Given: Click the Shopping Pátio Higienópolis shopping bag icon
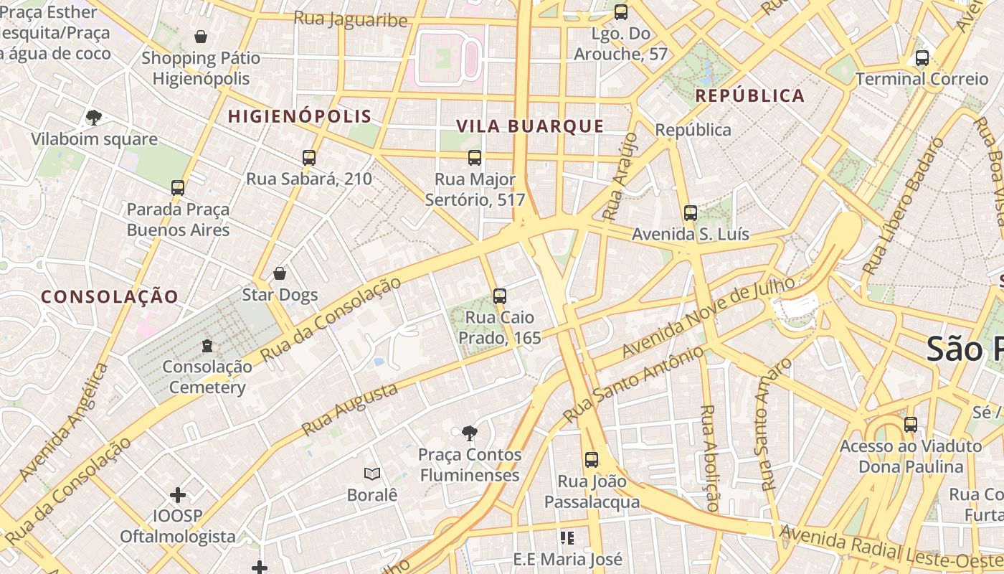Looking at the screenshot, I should click(201, 36).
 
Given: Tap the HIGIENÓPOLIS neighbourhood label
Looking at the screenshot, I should click(300, 116).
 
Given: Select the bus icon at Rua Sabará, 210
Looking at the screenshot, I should click(309, 157).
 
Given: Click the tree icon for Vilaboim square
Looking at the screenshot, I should click(93, 117).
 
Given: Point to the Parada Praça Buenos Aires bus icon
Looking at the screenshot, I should click(178, 188).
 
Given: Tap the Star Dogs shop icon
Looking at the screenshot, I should click(280, 273).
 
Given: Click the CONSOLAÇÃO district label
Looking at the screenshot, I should click(109, 296).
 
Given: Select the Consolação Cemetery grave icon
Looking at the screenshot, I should click(207, 346).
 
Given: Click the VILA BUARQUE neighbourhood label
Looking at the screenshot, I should click(530, 126).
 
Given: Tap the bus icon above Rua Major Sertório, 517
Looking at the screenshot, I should click(474, 157).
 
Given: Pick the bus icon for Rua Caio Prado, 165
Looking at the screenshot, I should click(500, 296).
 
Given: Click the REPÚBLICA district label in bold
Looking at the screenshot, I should click(749, 95).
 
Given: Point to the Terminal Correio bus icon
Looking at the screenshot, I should click(922, 58).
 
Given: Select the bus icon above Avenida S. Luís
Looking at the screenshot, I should click(691, 213).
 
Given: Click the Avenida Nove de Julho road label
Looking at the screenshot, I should click(709, 316).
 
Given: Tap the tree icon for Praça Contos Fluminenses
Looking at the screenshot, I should click(470, 433).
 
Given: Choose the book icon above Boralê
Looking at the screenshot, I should click(371, 474).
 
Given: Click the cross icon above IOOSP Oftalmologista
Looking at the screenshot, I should click(178, 494).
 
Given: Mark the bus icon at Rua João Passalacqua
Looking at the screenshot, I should click(592, 460).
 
